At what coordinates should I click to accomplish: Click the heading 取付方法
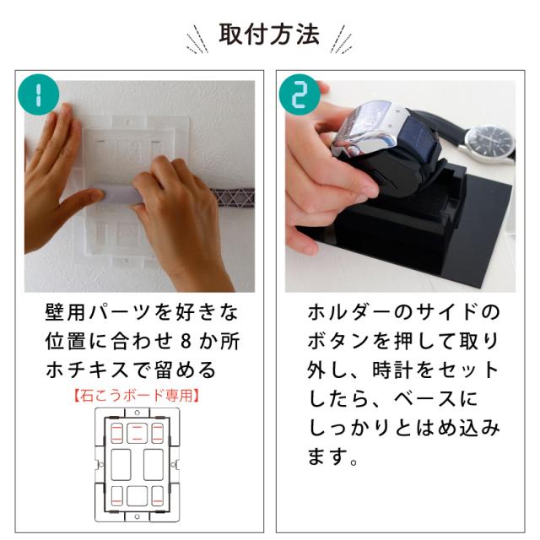269,35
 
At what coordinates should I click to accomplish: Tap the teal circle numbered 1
38,94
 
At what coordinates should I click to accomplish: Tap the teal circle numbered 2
300,94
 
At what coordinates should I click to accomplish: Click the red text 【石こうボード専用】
137,396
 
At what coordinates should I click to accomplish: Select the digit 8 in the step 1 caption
186,342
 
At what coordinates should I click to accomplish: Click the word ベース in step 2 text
425,399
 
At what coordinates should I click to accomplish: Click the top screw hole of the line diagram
137,413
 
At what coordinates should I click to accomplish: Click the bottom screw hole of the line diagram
137,516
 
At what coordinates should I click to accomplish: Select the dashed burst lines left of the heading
197,40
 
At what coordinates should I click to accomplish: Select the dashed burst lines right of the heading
341,40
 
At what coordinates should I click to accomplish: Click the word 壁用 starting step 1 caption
65,312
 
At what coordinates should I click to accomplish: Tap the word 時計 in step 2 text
392,370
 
